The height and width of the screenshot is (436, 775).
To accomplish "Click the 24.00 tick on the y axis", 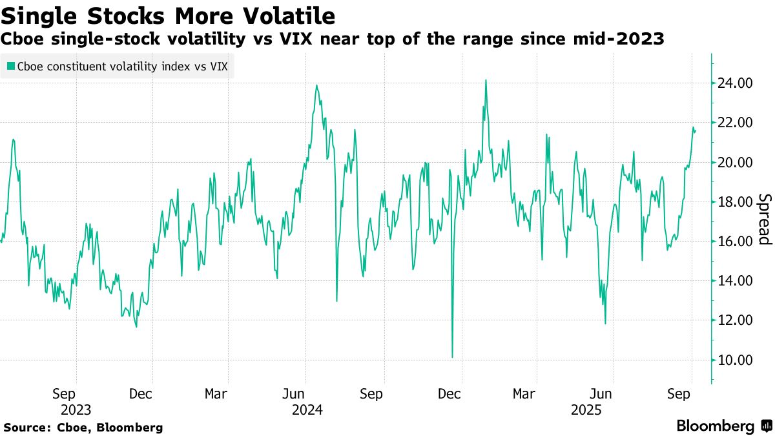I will pyautogui.click(x=734, y=83).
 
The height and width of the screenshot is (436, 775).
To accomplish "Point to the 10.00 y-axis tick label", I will pyautogui.click(x=734, y=360).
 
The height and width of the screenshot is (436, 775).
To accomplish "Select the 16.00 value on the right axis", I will pyautogui.click(x=734, y=242).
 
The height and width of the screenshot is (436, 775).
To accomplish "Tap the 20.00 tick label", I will pyautogui.click(x=734, y=162).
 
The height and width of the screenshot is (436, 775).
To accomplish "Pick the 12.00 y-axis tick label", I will pyautogui.click(x=734, y=320).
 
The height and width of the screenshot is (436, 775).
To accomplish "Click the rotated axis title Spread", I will pyautogui.click(x=764, y=219).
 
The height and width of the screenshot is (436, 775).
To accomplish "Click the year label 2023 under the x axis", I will pyautogui.click(x=76, y=410).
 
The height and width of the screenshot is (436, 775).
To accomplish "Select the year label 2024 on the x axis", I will pyautogui.click(x=307, y=410).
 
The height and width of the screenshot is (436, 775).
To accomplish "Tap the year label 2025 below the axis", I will pyautogui.click(x=588, y=410).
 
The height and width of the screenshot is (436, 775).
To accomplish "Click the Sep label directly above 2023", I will pyautogui.click(x=65, y=393).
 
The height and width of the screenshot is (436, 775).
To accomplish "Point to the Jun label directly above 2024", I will pyautogui.click(x=294, y=393).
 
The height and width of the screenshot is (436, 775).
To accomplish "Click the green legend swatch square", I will pyautogui.click(x=11, y=66).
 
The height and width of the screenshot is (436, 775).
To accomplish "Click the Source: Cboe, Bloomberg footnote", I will pyautogui.click(x=83, y=427).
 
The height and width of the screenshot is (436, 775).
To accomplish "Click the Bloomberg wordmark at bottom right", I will pyautogui.click(x=715, y=426).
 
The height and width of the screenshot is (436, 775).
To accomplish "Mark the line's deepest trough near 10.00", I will pyautogui.click(x=452, y=357).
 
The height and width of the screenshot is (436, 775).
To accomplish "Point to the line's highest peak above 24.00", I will pyautogui.click(x=486, y=81).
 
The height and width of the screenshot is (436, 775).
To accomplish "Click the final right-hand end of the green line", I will pyautogui.click(x=696, y=130).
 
